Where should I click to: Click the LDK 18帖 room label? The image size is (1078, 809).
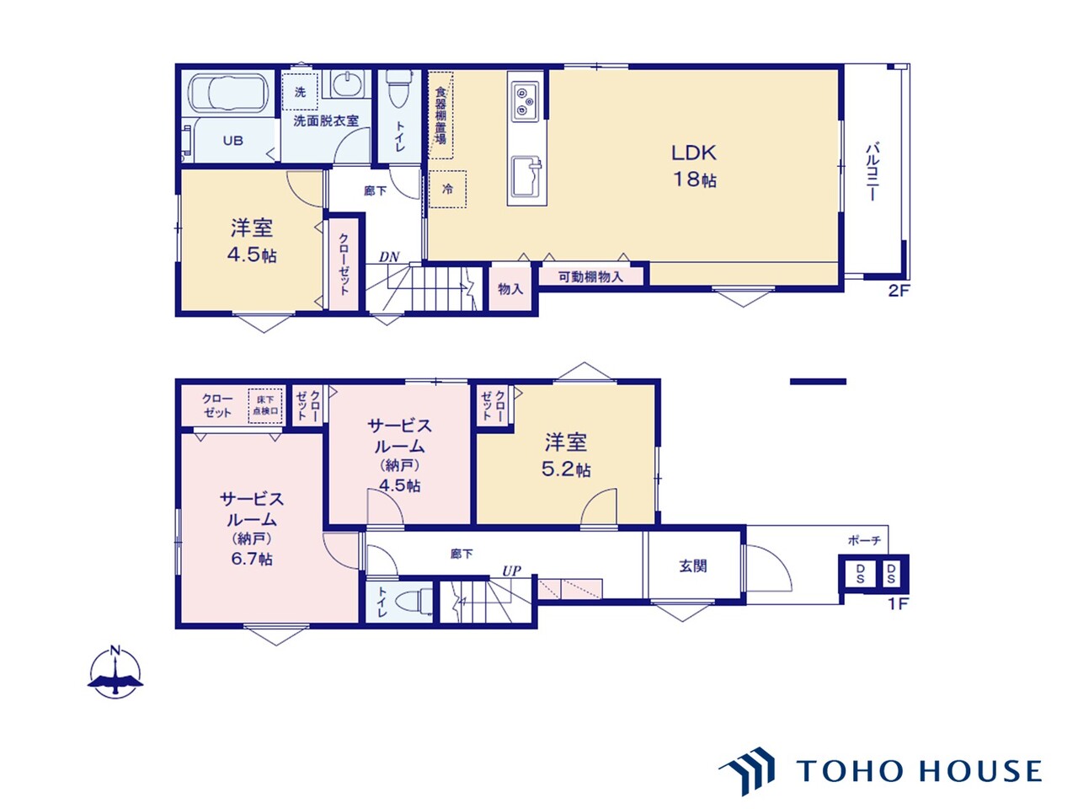pyautogui.click(x=693, y=166)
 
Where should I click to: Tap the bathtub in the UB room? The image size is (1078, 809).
pyautogui.click(x=228, y=93)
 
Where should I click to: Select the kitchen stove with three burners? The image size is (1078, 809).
pyautogui.click(x=525, y=102)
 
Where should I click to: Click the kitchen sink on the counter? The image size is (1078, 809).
pyautogui.click(x=526, y=176)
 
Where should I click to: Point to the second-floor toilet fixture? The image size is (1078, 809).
pyautogui.click(x=396, y=89)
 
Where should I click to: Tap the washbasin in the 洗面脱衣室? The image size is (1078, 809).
pyautogui.click(x=347, y=84)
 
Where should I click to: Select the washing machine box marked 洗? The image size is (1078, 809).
pyautogui.click(x=300, y=92)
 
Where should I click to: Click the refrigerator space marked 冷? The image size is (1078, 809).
pyautogui.click(x=447, y=189)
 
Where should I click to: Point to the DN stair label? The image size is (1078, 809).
pyautogui.click(x=389, y=257)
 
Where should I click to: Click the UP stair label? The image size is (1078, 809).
pyautogui.click(x=511, y=571)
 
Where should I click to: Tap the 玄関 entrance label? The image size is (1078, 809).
pyautogui.click(x=693, y=566)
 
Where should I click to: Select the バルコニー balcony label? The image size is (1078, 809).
pyautogui.click(x=873, y=171)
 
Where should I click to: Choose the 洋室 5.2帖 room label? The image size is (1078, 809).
pyautogui.click(x=566, y=455)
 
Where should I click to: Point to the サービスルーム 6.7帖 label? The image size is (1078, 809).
pyautogui.click(x=252, y=528)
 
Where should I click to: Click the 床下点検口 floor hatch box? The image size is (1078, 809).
pyautogui.click(x=265, y=405)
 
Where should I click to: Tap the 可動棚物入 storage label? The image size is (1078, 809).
pyautogui.click(x=591, y=277)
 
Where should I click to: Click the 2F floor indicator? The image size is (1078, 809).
pyautogui.click(x=899, y=291)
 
